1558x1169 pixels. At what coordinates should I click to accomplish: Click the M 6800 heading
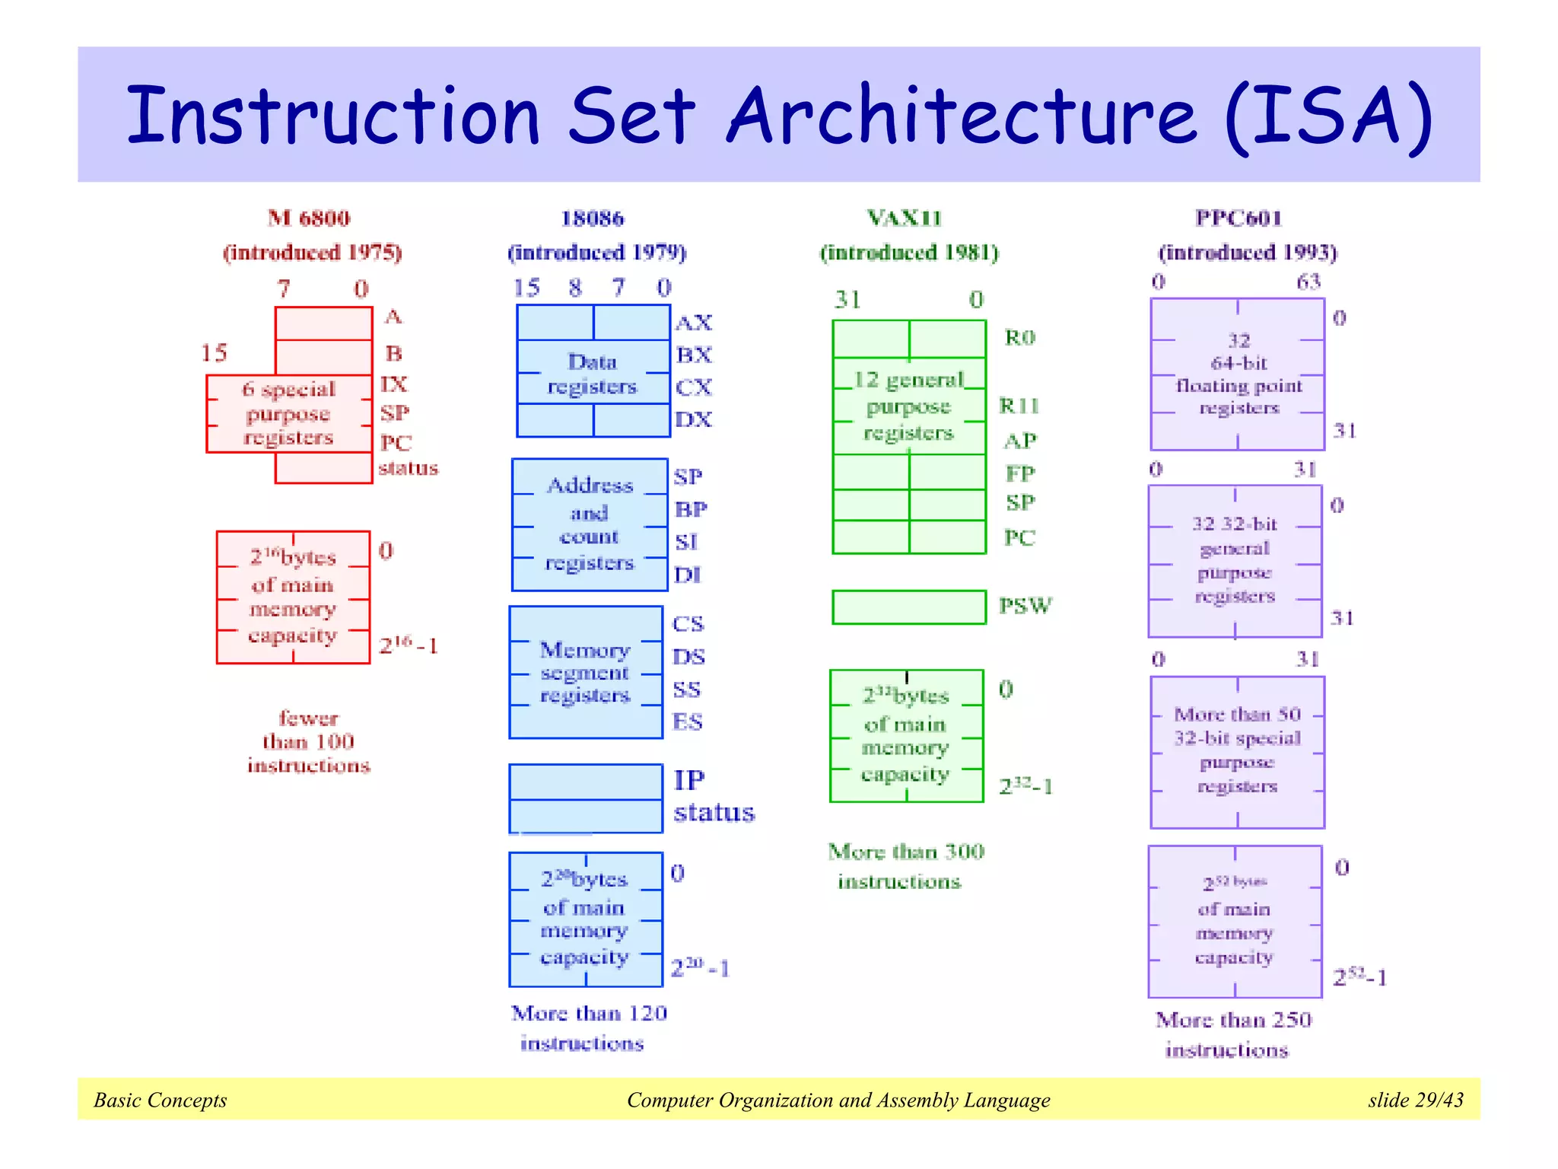[x=309, y=218]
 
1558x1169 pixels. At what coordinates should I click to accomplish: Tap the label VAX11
[x=905, y=218]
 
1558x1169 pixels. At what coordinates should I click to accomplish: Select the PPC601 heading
[x=1238, y=218]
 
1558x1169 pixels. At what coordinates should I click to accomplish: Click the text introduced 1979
[x=597, y=252]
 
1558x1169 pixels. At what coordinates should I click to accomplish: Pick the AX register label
[x=694, y=323]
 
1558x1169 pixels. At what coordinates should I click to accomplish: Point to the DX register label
[x=694, y=419]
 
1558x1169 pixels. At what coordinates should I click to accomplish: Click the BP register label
[x=691, y=509]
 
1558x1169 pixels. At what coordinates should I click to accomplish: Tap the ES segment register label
[x=688, y=721]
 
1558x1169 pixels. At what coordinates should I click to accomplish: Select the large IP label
[x=689, y=780]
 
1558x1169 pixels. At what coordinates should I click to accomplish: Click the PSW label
[x=1025, y=606]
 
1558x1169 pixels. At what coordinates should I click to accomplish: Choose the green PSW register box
[x=908, y=607]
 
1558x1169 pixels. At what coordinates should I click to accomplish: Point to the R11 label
[x=1019, y=406]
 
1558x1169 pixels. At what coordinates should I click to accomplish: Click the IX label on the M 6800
[x=394, y=384]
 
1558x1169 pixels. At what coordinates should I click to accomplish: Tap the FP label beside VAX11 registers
[x=1020, y=473]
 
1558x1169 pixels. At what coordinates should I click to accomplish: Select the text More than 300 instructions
[x=905, y=866]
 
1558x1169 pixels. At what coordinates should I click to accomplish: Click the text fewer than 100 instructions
[x=309, y=741]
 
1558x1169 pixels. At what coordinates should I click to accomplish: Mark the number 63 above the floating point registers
[x=1308, y=282]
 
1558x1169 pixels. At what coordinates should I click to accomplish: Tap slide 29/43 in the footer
[x=1415, y=1100]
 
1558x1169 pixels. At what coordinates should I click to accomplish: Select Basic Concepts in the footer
[x=161, y=1100]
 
